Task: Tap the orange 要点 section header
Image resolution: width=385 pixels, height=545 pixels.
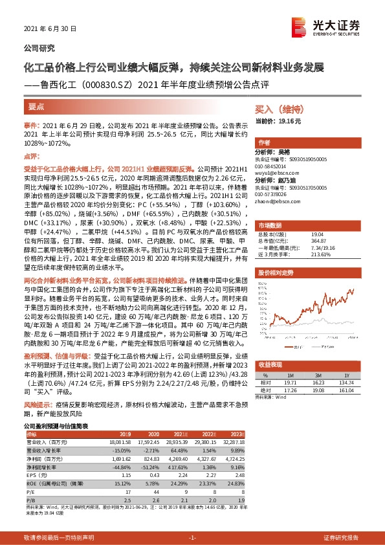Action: click(37, 106)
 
